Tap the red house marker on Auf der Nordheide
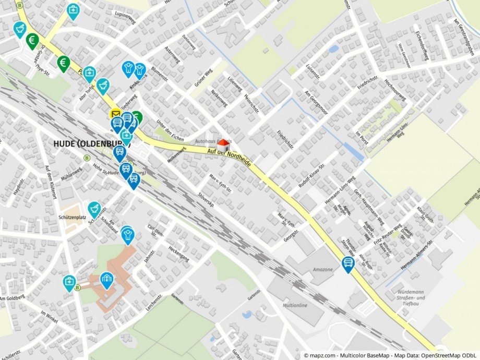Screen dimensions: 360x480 click(x=223, y=145)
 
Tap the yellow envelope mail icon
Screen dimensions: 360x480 click(x=115, y=114)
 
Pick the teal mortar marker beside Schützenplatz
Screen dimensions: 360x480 click(x=94, y=209)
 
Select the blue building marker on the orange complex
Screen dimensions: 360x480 click(x=107, y=279)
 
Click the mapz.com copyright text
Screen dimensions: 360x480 click(x=390, y=355)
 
